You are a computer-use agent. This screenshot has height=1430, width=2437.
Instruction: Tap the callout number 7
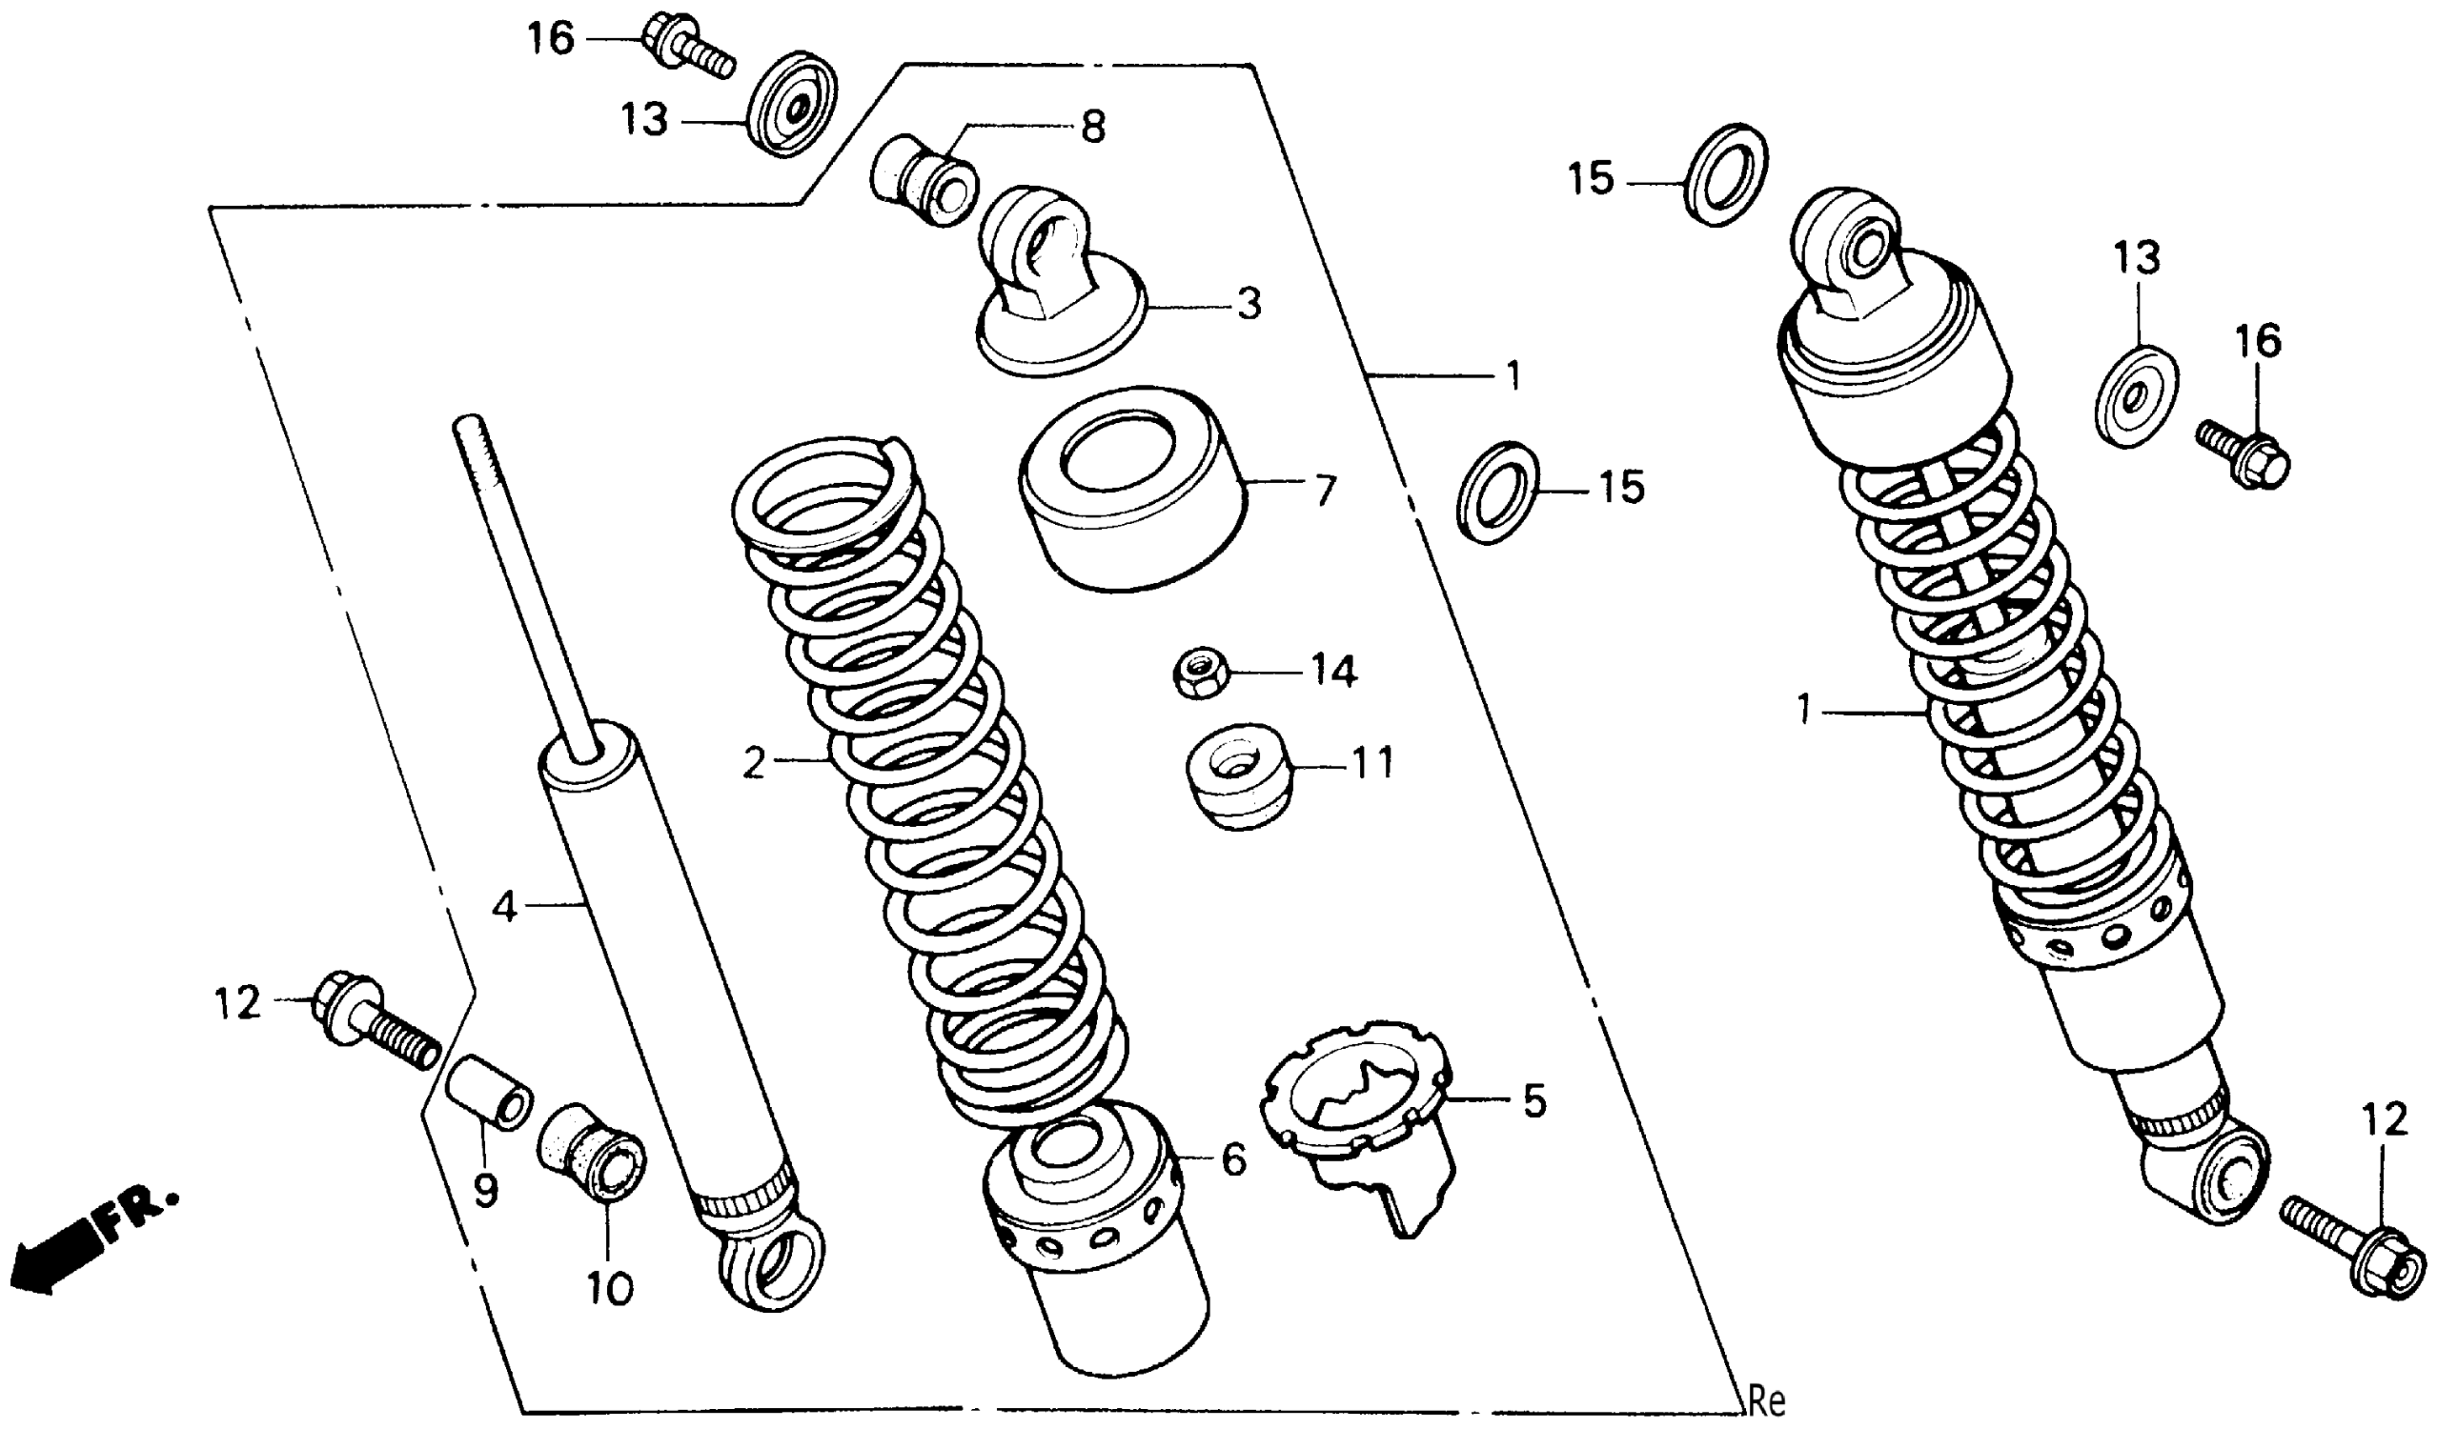coord(1324,490)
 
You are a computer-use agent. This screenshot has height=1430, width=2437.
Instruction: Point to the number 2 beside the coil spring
coord(755,765)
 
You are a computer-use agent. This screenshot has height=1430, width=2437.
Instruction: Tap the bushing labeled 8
coord(924,180)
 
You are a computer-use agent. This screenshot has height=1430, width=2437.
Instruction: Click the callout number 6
coord(1234,1160)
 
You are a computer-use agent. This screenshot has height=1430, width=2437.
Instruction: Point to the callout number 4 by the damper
coord(505,907)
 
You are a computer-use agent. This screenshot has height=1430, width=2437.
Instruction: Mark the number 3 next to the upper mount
coord(1249,304)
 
